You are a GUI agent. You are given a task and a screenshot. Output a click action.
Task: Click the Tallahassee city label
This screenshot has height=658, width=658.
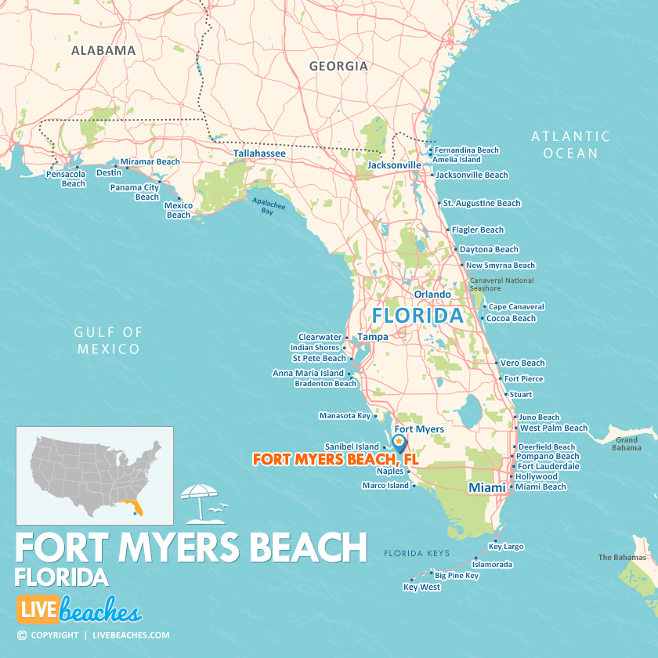(x=259, y=154)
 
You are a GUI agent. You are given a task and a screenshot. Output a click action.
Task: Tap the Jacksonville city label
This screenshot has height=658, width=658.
(x=394, y=165)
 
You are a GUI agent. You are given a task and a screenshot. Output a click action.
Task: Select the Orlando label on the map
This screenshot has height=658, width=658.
(x=432, y=295)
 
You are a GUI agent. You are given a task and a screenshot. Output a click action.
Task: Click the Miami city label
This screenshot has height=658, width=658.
(x=486, y=487)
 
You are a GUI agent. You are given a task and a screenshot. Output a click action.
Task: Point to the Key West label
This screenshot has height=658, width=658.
(x=421, y=587)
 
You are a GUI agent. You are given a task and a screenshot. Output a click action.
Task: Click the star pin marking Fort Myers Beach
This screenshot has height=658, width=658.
(x=399, y=443)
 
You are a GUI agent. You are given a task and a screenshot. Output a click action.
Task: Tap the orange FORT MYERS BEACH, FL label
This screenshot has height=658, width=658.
(x=335, y=460)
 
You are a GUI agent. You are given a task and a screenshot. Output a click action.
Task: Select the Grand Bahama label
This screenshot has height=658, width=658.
(x=626, y=444)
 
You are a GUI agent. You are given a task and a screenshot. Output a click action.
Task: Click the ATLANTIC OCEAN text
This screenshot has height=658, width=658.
(x=570, y=145)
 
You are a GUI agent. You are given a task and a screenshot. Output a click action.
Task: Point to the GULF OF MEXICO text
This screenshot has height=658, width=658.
(x=109, y=341)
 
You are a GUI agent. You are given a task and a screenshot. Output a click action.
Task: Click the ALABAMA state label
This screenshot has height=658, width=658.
(x=103, y=50)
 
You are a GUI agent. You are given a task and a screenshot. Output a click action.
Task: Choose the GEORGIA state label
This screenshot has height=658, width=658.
(x=338, y=66)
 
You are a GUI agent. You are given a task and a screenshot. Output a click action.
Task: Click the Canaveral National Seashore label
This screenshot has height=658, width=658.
(x=501, y=284)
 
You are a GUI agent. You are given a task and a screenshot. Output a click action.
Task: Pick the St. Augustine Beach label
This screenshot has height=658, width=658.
(x=481, y=203)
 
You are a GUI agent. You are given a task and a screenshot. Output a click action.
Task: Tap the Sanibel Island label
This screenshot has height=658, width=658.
(x=352, y=446)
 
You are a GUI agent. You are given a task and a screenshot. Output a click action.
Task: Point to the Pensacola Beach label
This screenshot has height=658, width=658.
(x=66, y=179)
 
